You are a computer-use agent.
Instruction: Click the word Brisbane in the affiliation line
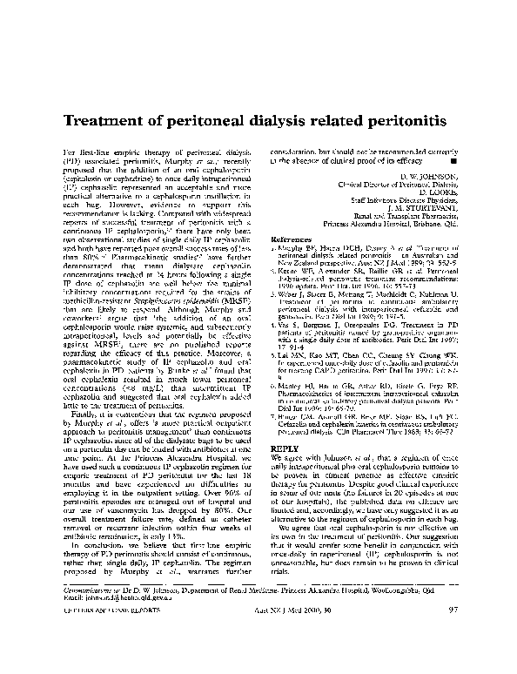422,223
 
